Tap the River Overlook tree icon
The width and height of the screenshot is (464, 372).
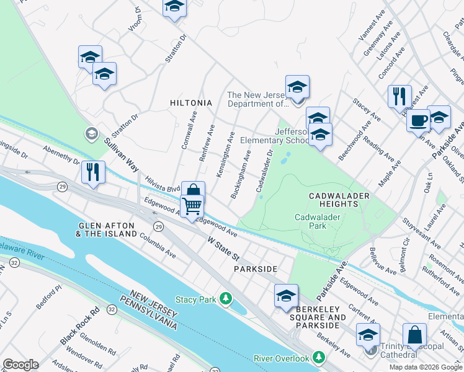[x=319, y=358]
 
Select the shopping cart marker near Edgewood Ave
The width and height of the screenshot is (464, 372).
[x=192, y=205]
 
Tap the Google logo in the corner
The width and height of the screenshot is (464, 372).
[x=20, y=365]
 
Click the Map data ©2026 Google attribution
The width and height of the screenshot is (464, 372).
[x=425, y=367]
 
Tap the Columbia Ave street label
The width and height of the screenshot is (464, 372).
[x=158, y=246]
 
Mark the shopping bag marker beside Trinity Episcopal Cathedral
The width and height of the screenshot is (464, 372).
[x=414, y=335]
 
